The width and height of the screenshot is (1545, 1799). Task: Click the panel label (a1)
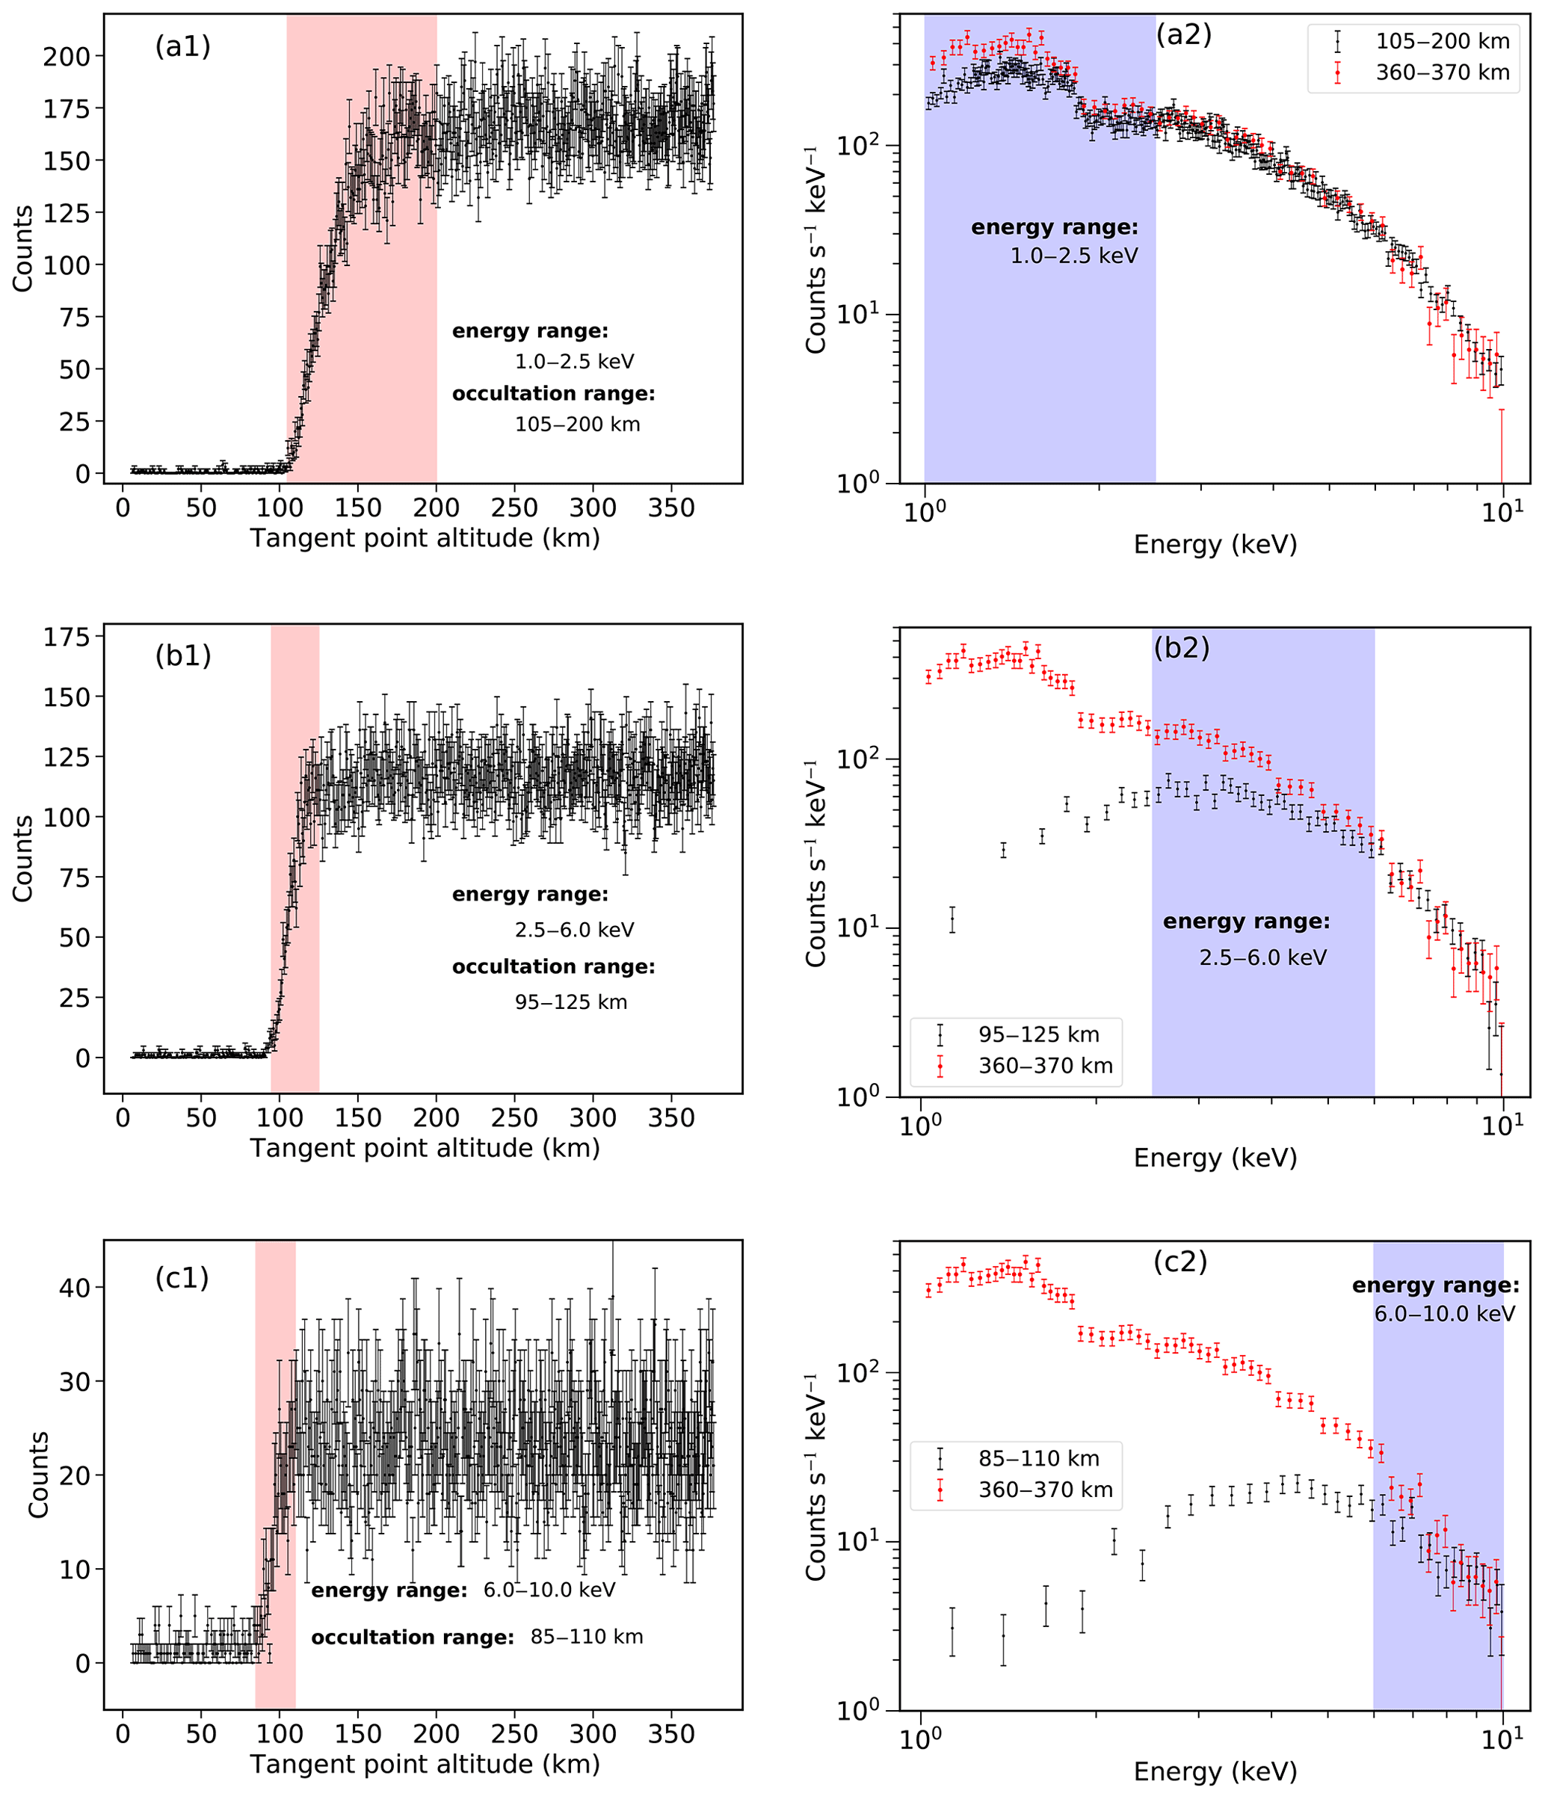pyautogui.click(x=182, y=46)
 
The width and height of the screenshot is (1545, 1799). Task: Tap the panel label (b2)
pyautogui.click(x=1181, y=648)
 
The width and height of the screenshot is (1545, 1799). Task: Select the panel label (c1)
pyautogui.click(x=182, y=1278)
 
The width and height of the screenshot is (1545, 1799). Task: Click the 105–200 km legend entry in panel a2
pyautogui.click(x=1442, y=41)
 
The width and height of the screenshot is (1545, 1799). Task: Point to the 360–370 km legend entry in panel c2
pyautogui.click(x=1046, y=1490)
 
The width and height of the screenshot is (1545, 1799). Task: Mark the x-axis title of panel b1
pyautogui.click(x=425, y=1149)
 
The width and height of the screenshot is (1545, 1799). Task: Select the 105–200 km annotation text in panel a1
pyautogui.click(x=578, y=425)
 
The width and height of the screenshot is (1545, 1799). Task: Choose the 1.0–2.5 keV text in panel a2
pyautogui.click(x=1073, y=256)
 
